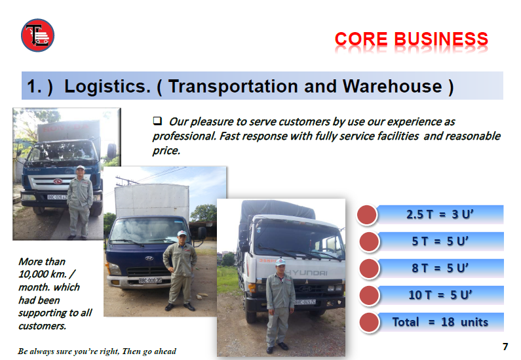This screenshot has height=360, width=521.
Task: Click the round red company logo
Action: pyautogui.click(x=37, y=35)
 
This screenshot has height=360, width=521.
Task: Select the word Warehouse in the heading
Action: pyautogui.click(x=392, y=86)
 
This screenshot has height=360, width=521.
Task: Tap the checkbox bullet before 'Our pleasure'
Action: pyautogui.click(x=157, y=121)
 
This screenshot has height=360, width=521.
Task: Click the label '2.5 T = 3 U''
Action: pyautogui.click(x=440, y=214)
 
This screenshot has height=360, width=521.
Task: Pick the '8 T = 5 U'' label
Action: pyautogui.click(x=440, y=268)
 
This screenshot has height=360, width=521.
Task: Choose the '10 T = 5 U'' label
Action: pyautogui.click(x=440, y=295)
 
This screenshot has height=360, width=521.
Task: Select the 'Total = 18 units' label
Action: pyautogui.click(x=440, y=322)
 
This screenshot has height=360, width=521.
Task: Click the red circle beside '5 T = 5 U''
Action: pyautogui.click(x=369, y=241)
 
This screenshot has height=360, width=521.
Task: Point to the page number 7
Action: pyautogui.click(x=505, y=347)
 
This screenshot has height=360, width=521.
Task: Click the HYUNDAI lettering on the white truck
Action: pyautogui.click(x=306, y=273)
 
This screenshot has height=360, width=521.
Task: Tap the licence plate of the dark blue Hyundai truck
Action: pyautogui.click(x=150, y=280)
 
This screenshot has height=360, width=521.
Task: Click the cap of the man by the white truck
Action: pyautogui.click(x=280, y=262)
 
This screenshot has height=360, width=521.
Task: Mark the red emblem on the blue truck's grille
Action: pyautogui.click(x=58, y=181)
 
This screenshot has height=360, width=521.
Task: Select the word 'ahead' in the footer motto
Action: pyautogui.click(x=164, y=351)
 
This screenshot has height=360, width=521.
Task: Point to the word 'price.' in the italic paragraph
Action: pyautogui.click(x=166, y=151)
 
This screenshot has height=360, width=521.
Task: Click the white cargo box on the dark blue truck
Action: pyautogui.click(x=152, y=201)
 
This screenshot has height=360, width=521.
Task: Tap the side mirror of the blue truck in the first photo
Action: pyautogui.click(x=111, y=151)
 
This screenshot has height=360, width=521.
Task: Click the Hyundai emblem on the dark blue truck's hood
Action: pyautogui.click(x=149, y=258)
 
